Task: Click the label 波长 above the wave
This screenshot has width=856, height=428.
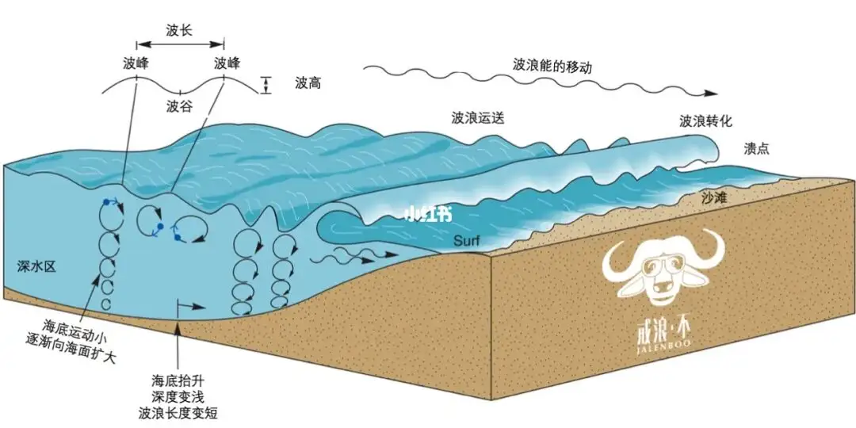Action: (180, 31)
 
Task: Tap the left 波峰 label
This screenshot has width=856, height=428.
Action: (136, 63)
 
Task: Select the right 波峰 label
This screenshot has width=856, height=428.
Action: (226, 63)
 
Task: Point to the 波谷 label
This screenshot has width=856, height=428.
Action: (179, 105)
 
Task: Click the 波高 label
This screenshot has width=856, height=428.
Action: (308, 82)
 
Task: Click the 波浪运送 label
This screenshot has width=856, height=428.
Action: (478, 118)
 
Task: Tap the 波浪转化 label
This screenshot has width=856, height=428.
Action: (705, 121)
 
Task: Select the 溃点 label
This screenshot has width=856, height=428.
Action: (757, 148)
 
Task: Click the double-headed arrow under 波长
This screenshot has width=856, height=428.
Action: (180, 45)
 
